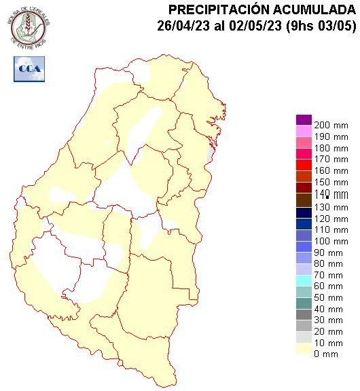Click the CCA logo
pos(29,70)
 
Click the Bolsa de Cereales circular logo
pos(29,27)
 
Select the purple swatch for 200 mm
pos(304,120)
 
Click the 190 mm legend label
pos(330,137)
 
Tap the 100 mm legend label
pos(330,241)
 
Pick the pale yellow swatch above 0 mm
pos(304,348)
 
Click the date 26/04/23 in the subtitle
pos(179,27)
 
